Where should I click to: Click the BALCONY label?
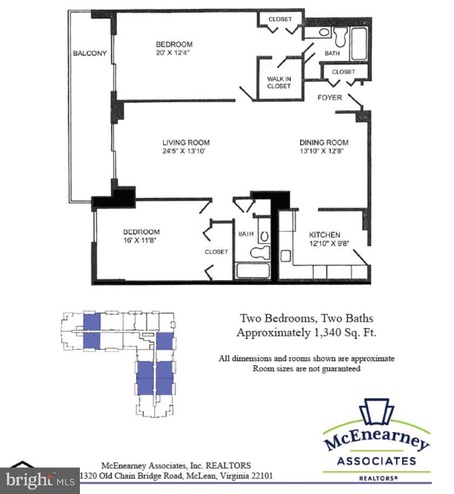click(90, 53)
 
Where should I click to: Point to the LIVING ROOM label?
click(186, 143)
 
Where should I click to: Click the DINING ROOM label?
click(324, 143)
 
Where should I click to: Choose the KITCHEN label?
click(324, 235)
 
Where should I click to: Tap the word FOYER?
click(329, 98)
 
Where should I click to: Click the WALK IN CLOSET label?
click(279, 83)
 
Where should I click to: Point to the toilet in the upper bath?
click(341, 37)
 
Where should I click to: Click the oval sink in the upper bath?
click(323, 32)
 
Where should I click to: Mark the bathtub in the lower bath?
click(253, 270)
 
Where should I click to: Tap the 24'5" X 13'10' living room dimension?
click(185, 151)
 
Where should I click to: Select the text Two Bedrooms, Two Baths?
click(306, 319)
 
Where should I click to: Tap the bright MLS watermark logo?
click(39, 479)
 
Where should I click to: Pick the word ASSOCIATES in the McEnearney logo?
click(376, 461)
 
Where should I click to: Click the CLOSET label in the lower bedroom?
click(216, 252)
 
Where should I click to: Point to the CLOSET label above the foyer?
click(343, 72)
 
